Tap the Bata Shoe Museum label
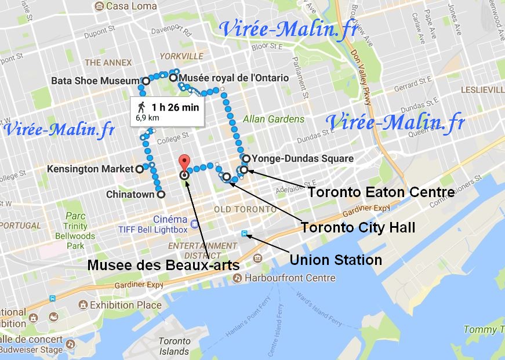(x=95, y=81)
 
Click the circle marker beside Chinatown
(x=161, y=195)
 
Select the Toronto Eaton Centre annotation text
(x=380, y=191)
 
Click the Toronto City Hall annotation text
(x=358, y=227)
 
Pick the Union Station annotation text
(x=335, y=259)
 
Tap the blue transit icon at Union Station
(x=246, y=234)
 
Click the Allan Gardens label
(x=273, y=119)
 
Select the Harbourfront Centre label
(x=290, y=278)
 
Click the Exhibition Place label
(x=125, y=304)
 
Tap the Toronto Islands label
(x=175, y=346)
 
